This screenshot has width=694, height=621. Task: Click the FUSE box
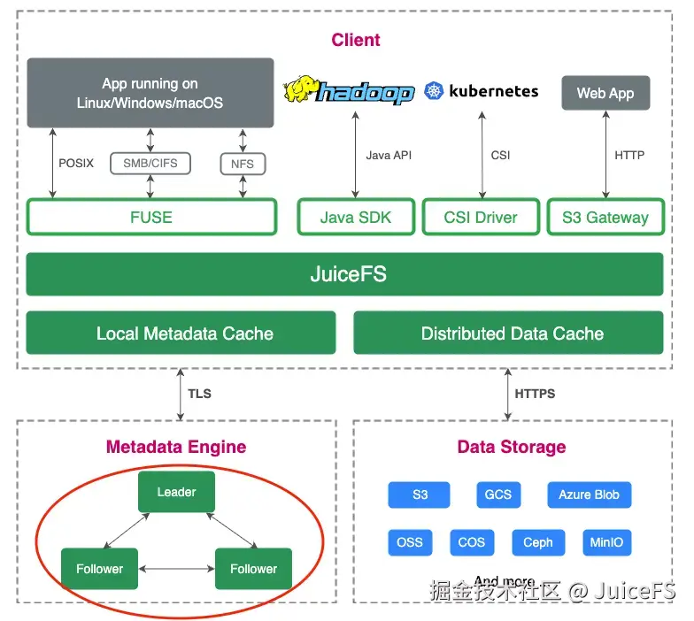[x=151, y=218]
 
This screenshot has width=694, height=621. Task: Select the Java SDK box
[x=356, y=218]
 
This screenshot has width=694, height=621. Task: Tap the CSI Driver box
[x=481, y=218]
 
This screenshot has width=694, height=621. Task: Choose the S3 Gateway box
[x=605, y=218]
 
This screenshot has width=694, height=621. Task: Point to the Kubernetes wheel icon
[x=434, y=90]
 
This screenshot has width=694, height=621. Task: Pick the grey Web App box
[x=605, y=93]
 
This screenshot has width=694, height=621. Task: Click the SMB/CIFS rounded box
[x=150, y=164]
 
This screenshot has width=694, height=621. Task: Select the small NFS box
[x=243, y=164]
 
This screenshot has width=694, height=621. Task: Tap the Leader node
[x=176, y=492]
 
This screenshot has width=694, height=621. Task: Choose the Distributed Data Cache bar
[x=512, y=333]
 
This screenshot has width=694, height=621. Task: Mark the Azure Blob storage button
[x=589, y=494]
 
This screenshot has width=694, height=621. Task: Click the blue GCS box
[x=497, y=494]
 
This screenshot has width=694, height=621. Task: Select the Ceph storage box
[x=537, y=542]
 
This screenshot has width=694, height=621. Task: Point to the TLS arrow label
[x=200, y=393]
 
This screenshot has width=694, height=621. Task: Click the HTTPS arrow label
[x=535, y=393]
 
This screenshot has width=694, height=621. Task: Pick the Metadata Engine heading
[x=176, y=447]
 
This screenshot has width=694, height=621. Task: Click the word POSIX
[x=76, y=164]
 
